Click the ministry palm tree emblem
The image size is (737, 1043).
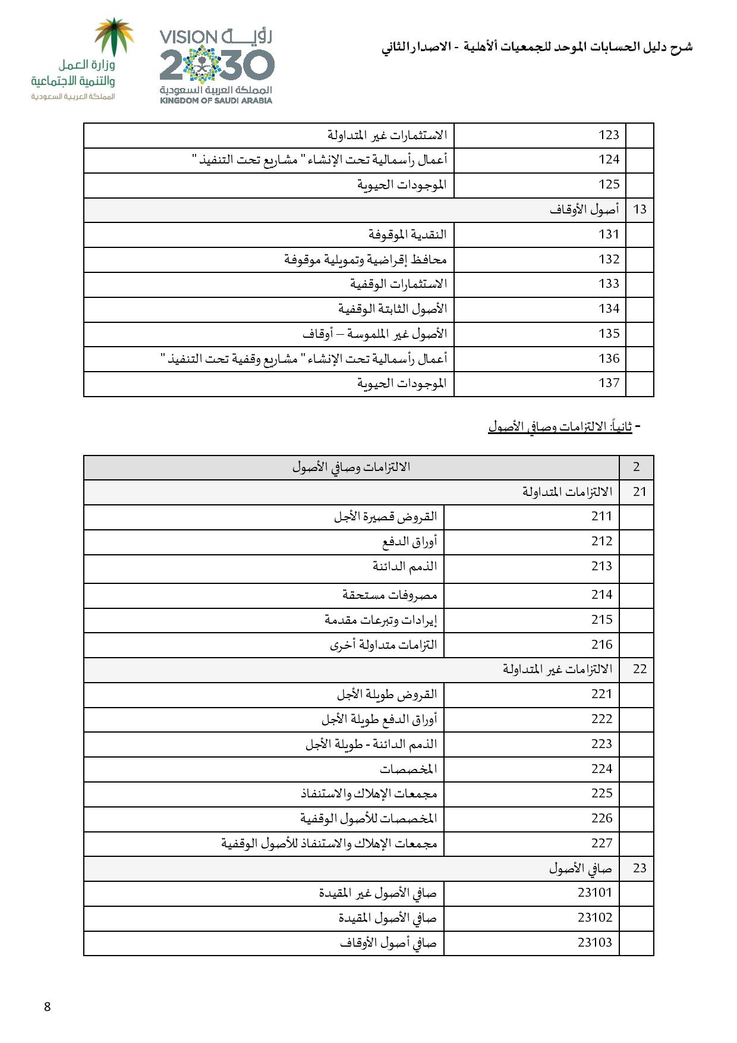click(x=115, y=37)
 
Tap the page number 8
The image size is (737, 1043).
click(x=48, y=1007)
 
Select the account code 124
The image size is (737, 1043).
click(x=609, y=159)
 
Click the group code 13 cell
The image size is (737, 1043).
click(x=640, y=209)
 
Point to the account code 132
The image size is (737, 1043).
click(x=609, y=259)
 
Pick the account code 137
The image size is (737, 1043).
click(x=609, y=383)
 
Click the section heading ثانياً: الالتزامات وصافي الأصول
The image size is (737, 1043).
click(x=560, y=426)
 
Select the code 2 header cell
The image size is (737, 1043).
click(x=636, y=467)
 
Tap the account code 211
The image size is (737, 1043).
click(x=601, y=516)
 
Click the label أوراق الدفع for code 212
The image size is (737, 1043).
click(x=409, y=542)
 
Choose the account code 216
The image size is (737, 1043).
click(x=601, y=645)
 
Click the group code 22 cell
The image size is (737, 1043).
click(x=640, y=669)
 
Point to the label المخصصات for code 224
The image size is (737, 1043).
click(x=408, y=769)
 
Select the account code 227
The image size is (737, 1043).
click(x=601, y=843)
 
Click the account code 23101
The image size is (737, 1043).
click(x=594, y=893)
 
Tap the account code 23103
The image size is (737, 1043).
click(x=594, y=943)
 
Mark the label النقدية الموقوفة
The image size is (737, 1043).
click(x=407, y=234)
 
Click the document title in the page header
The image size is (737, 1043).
click(x=537, y=48)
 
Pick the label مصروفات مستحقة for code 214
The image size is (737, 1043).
click(x=389, y=595)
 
